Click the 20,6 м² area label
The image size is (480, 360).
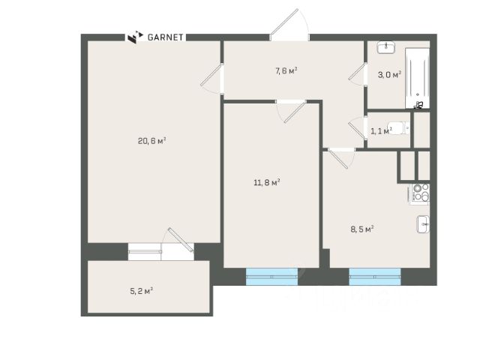151,141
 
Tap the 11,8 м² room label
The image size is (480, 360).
267,183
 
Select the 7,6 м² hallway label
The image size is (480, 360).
286,71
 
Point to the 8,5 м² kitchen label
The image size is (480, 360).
362,229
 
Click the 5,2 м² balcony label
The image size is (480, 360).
142,291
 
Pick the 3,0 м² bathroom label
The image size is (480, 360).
389,75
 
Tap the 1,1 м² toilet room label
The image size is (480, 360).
381,131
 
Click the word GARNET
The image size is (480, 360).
165,37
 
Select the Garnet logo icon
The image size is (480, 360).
135,37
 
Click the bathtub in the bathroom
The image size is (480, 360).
417,78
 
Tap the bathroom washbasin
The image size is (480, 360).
386,47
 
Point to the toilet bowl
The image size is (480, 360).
398,128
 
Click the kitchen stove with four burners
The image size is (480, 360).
418,193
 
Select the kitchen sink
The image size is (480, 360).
423,224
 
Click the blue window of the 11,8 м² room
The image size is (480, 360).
271,277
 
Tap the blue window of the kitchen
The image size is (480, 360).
375,277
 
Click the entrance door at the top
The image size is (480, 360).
289,25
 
